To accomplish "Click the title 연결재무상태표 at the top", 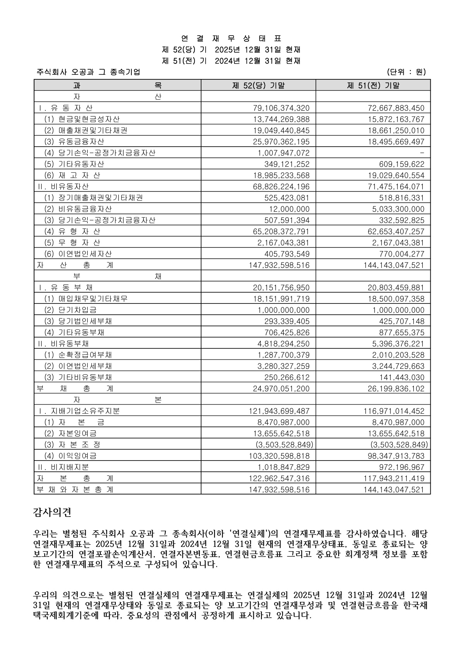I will click(231, 39).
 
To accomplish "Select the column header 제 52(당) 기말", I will click(258, 86).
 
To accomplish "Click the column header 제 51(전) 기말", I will click(373, 86).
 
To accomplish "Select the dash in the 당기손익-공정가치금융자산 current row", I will click(422, 153).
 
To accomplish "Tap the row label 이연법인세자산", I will click(85, 254).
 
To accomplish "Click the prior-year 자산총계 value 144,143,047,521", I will click(394, 266).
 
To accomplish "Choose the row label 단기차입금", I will click(77, 310).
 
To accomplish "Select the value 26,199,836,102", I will click(396, 389).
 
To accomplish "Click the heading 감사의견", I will click(52, 513).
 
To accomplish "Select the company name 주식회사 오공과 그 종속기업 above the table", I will click(88, 72).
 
